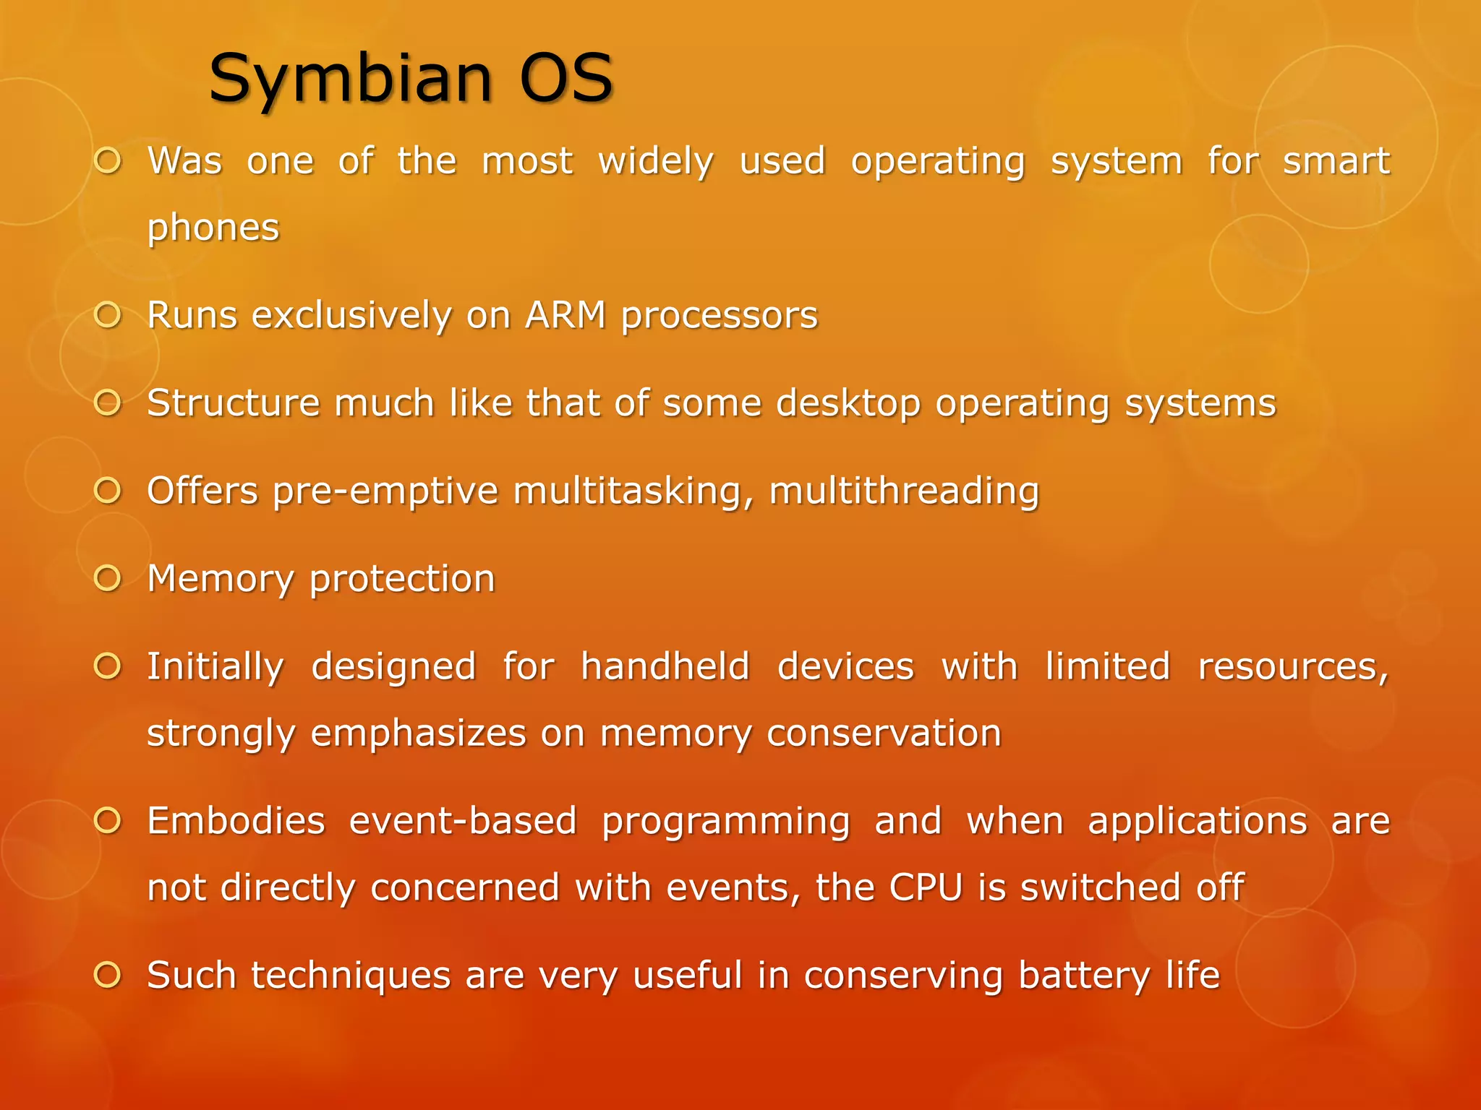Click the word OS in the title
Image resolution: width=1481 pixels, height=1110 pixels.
(x=566, y=78)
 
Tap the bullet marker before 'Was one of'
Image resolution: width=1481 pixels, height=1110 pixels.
(x=108, y=161)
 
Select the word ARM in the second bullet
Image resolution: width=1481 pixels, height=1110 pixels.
(x=565, y=316)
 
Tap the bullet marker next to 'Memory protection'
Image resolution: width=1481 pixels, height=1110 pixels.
(x=108, y=578)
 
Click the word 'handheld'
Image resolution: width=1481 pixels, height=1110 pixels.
(x=665, y=667)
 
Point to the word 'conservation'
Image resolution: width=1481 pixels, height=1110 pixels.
(x=884, y=733)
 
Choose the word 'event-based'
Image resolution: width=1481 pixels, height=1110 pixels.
(x=463, y=822)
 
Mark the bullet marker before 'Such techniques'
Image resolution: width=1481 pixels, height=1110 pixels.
(x=108, y=976)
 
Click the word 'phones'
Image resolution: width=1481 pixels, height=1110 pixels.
(x=213, y=228)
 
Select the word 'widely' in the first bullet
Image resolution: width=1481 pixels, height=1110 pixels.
(x=656, y=162)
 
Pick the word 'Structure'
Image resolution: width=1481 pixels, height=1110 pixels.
(x=233, y=404)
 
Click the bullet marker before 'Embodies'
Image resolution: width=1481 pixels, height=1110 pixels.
(x=108, y=821)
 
